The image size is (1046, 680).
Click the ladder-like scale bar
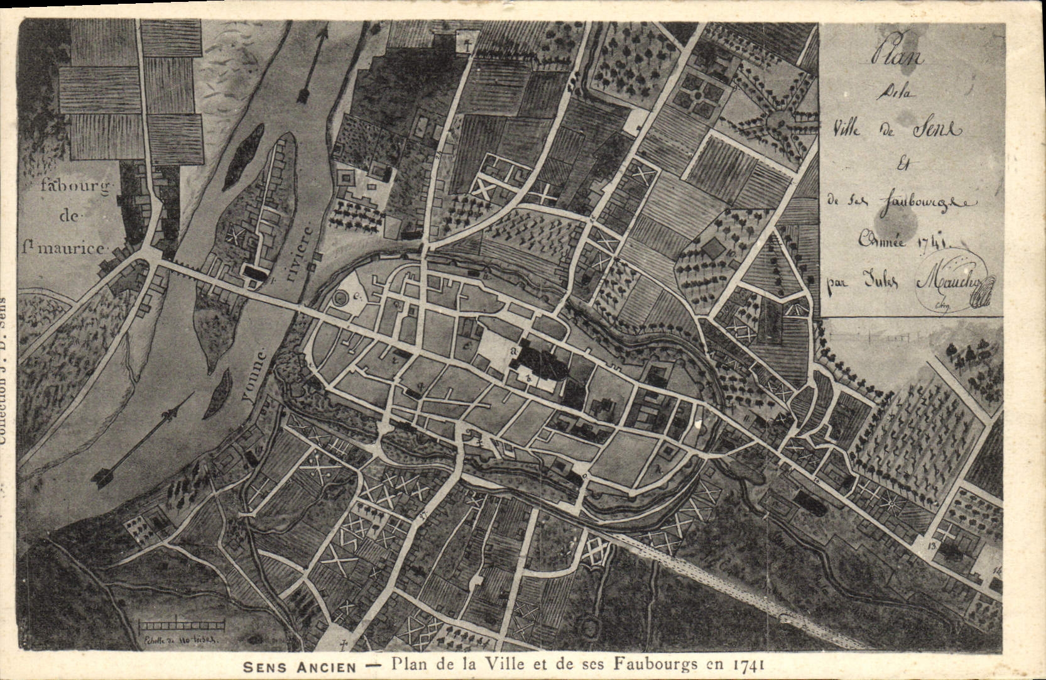click(x=182, y=625)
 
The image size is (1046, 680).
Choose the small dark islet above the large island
click(x=236, y=157)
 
